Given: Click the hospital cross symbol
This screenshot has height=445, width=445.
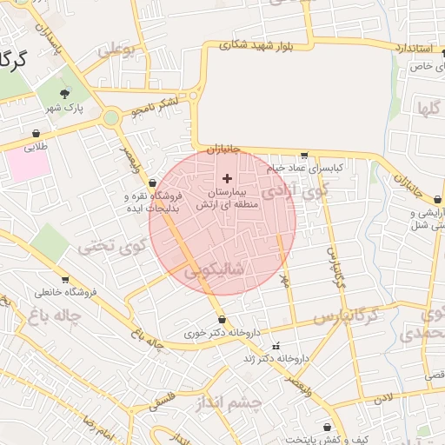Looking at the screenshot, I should tap(228, 178).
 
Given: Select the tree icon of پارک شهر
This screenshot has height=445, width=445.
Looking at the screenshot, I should tap(64, 94).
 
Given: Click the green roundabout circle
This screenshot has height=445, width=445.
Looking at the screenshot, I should tap(111, 118).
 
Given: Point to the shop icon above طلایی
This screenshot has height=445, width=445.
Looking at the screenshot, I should tap(37, 134).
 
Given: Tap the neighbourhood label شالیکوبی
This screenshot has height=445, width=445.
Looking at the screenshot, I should tap(219, 272).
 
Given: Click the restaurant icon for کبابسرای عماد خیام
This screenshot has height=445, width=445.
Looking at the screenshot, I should tap(329, 155).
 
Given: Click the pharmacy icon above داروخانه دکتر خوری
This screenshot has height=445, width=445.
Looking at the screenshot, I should tap(222, 318).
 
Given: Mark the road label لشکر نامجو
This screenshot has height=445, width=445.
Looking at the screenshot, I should tap(155, 107).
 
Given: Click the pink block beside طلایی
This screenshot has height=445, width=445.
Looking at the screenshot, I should tap(30, 165).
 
